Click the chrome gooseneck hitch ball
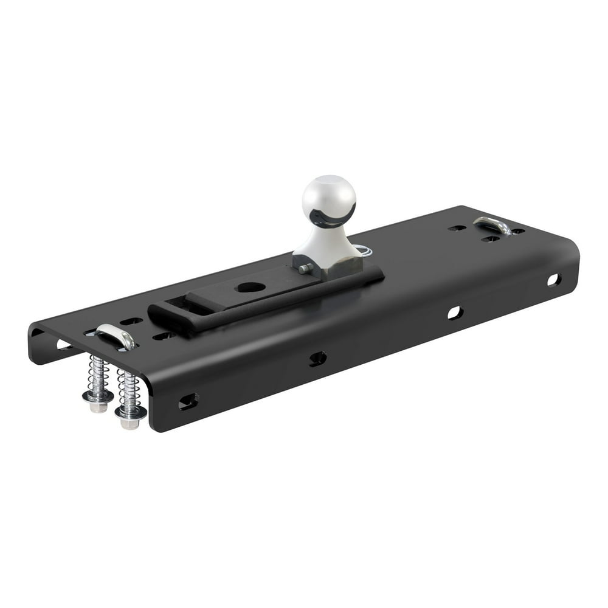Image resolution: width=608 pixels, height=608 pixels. point(329,198)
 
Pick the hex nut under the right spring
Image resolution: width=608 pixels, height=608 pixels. point(131,416)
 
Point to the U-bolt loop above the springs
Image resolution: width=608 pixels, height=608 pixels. point(115,335)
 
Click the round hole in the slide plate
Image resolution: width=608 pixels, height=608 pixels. point(251,287)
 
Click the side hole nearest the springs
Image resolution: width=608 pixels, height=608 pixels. point(188,401)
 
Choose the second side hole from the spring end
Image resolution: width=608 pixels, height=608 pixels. point(317,358)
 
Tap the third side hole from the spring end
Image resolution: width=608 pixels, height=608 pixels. point(455,313)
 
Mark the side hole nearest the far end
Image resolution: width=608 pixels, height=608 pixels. point(553,280)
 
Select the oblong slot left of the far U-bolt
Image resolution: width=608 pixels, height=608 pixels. point(457,228)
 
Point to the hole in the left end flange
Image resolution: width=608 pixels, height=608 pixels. point(63,345)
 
